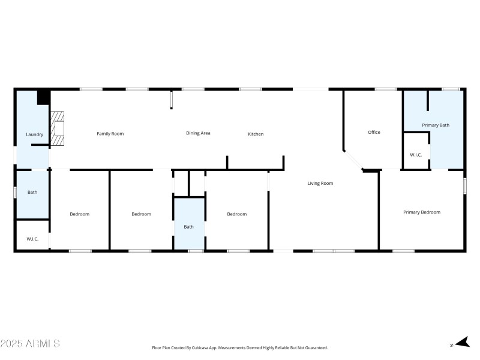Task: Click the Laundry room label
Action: point(34,134)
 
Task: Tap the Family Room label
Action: point(110,133)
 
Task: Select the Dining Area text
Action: point(198,133)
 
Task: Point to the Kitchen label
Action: point(256,134)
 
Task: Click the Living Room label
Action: point(320,183)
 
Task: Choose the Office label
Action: point(374,132)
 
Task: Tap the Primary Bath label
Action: point(436,125)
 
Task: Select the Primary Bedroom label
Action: point(422,212)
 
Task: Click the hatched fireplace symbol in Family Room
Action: point(58,129)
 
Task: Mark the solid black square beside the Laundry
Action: point(43,97)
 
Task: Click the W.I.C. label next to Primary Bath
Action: point(416,155)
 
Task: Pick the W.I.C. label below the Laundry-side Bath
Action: point(32,239)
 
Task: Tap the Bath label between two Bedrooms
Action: point(189,227)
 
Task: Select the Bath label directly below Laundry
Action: point(32,193)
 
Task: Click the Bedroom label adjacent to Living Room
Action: point(236,214)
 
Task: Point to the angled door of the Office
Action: point(353,161)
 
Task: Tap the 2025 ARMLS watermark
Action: point(30,344)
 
